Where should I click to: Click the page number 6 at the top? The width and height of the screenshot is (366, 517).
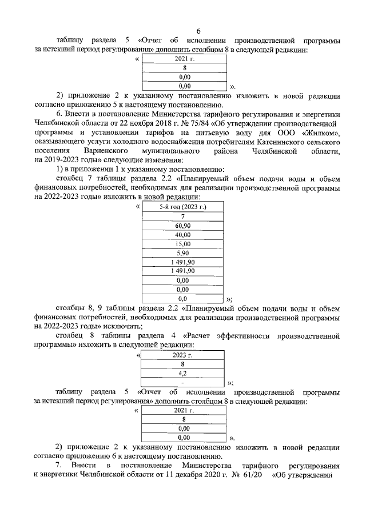point(182,31)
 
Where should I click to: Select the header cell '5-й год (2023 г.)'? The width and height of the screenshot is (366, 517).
point(182,206)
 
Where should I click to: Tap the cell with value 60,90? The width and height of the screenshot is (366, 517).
point(182,227)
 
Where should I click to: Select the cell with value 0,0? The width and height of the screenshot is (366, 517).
point(182,298)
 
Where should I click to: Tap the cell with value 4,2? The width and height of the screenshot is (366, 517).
point(183,372)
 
